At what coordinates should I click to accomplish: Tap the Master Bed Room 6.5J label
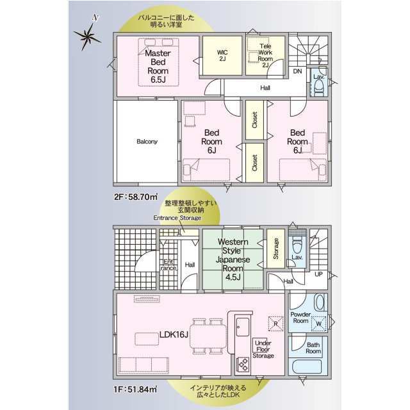coord(158,67)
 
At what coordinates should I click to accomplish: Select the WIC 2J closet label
coord(222,56)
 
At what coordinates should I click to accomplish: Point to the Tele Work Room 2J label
coord(265,56)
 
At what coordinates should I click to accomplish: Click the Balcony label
coord(147,142)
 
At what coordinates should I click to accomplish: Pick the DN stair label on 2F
coord(297,71)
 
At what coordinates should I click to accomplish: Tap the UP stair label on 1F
coord(318,274)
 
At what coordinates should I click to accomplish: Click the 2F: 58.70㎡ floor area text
coord(136,197)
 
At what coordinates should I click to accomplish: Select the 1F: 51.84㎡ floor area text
coord(135,389)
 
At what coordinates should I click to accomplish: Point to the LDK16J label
coord(174,334)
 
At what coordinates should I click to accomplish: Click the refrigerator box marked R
coord(275,324)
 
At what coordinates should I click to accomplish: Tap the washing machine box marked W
coord(319,324)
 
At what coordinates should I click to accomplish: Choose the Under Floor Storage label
coord(263,349)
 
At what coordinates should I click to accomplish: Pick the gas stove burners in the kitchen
coord(243,364)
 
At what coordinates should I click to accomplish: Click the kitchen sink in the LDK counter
coord(242,327)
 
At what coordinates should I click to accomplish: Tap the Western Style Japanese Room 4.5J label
coord(233,259)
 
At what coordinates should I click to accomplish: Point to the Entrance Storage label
coord(177,218)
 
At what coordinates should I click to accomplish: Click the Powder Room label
coord(300,318)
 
